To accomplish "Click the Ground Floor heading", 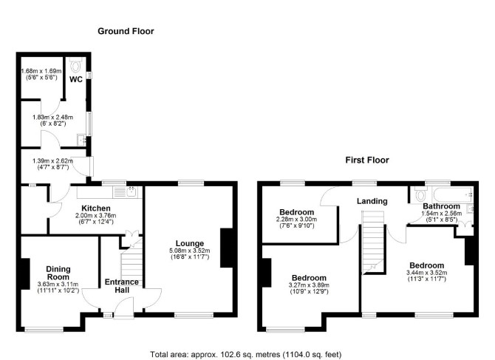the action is pyautogui.click(x=126, y=31).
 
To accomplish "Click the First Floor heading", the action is pyautogui.click(x=367, y=160).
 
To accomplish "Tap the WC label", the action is pyautogui.click(x=76, y=79).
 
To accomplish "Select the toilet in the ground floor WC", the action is pyautogui.click(x=75, y=65).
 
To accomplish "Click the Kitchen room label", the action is pyautogui.click(x=96, y=208).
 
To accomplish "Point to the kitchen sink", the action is pyautogui.click(x=125, y=192).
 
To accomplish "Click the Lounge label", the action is pyautogui.click(x=190, y=243).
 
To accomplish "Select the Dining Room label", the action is pyautogui.click(x=58, y=274).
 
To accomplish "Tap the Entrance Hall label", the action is pyautogui.click(x=122, y=286).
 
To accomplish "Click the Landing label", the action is pyautogui.click(x=372, y=201).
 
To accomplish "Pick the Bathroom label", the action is pyautogui.click(x=441, y=206).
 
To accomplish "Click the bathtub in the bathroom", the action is pyautogui.click(x=453, y=195).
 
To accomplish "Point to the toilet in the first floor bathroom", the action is pyautogui.click(x=420, y=194).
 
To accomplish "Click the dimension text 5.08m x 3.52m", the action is pyautogui.click(x=189, y=251).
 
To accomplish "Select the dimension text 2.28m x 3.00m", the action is pyautogui.click(x=296, y=219).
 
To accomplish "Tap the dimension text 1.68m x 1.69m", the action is pyautogui.click(x=41, y=71).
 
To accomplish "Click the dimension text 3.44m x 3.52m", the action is pyautogui.click(x=426, y=273).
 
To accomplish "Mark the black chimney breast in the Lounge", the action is pyautogui.click(x=226, y=248).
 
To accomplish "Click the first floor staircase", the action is pyautogui.click(x=373, y=242).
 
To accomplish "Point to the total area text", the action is pyautogui.click(x=245, y=354).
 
